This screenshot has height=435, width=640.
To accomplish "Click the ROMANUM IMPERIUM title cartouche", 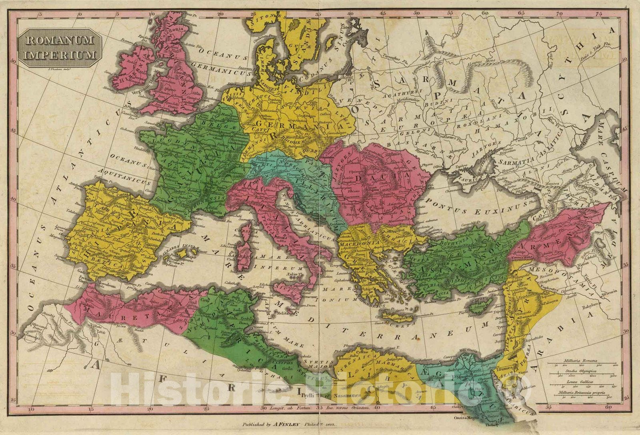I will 60,47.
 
